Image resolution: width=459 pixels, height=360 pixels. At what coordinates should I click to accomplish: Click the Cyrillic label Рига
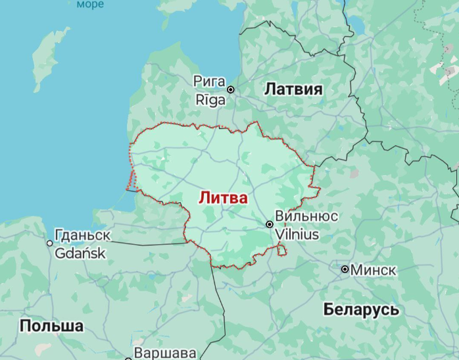click(x=209, y=82)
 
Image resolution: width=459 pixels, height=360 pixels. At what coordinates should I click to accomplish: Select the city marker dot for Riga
click(x=231, y=90)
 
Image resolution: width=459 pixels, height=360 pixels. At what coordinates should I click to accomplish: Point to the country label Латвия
click(x=293, y=90)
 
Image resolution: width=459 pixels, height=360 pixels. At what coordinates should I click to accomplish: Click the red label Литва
click(x=224, y=197)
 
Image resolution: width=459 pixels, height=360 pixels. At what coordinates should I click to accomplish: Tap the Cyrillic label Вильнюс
click(x=306, y=217)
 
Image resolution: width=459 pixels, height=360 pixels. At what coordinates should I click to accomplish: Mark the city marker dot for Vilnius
click(x=270, y=224)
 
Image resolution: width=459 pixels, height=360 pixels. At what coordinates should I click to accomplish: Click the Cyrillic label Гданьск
click(x=83, y=236)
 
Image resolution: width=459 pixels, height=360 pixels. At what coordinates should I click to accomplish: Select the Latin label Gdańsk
click(x=80, y=253)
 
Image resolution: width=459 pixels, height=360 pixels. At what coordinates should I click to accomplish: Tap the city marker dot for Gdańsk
click(x=49, y=243)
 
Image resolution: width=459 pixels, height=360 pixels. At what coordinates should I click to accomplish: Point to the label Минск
click(x=373, y=270)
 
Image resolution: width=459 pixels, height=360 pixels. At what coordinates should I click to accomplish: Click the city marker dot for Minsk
click(x=345, y=269)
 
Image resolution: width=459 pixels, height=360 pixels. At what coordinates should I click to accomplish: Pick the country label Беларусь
click(x=362, y=309)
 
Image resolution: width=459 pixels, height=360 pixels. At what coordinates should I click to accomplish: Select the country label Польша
click(x=51, y=326)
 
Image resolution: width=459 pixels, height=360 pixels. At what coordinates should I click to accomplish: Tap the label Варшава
click(x=165, y=353)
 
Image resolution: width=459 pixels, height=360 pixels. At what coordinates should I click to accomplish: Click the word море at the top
click(x=90, y=5)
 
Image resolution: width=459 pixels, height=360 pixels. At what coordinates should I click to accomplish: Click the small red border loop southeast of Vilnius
click(x=281, y=250)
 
